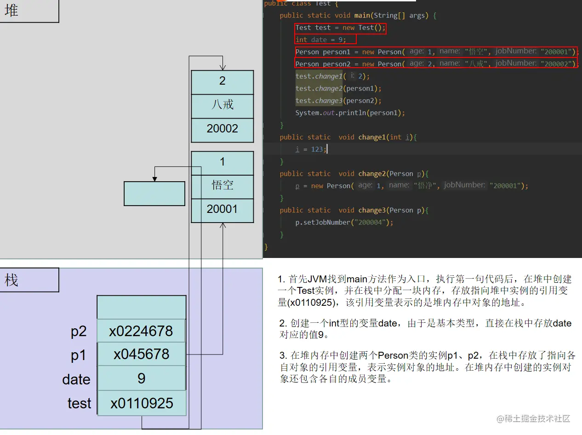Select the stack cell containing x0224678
[x=141, y=331]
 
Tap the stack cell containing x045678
[x=141, y=354]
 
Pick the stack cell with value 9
[x=141, y=378]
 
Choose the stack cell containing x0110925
[x=142, y=403]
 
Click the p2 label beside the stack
[x=79, y=332]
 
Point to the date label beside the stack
[x=76, y=379]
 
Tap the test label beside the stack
[x=79, y=403]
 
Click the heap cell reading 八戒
[x=223, y=105]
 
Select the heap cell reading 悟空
[x=223, y=185]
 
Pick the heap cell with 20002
[x=223, y=129]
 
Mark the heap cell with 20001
[x=223, y=209]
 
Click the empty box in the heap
[x=154, y=194]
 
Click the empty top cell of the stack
[x=142, y=307]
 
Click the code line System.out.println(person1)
[x=350, y=113]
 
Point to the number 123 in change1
[x=317, y=149]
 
